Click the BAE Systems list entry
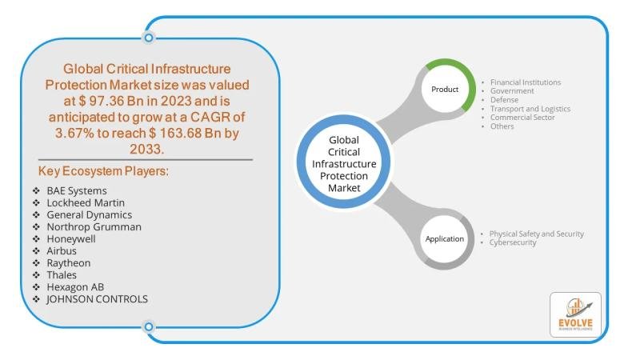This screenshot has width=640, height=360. click(77, 191)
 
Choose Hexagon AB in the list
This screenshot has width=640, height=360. click(75, 287)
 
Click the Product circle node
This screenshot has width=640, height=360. click(445, 89)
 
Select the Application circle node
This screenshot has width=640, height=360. click(444, 239)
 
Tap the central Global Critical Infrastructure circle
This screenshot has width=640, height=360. click(345, 163)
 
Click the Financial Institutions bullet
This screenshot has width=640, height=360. click(525, 82)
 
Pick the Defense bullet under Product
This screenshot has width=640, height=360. click(505, 100)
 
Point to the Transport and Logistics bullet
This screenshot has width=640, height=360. click(530, 109)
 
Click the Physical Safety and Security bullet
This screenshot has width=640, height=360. click(537, 234)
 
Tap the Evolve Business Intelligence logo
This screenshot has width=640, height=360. click(574, 315)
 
